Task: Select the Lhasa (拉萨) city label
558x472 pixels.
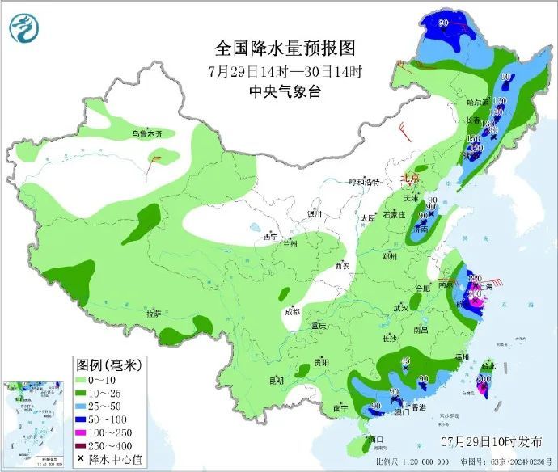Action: pyautogui.click(x=154, y=312)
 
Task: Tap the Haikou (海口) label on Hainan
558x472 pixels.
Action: pyautogui.click(x=374, y=440)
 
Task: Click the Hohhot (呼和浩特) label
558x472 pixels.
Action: pyautogui.click(x=364, y=182)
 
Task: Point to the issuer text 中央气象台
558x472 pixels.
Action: pyautogui.click(x=285, y=91)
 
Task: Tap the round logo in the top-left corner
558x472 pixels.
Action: pyautogui.click(x=25, y=27)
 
